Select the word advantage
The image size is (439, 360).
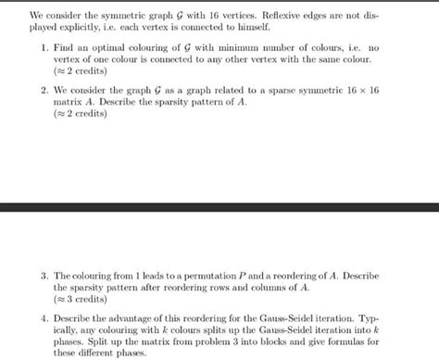coord(138,318)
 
